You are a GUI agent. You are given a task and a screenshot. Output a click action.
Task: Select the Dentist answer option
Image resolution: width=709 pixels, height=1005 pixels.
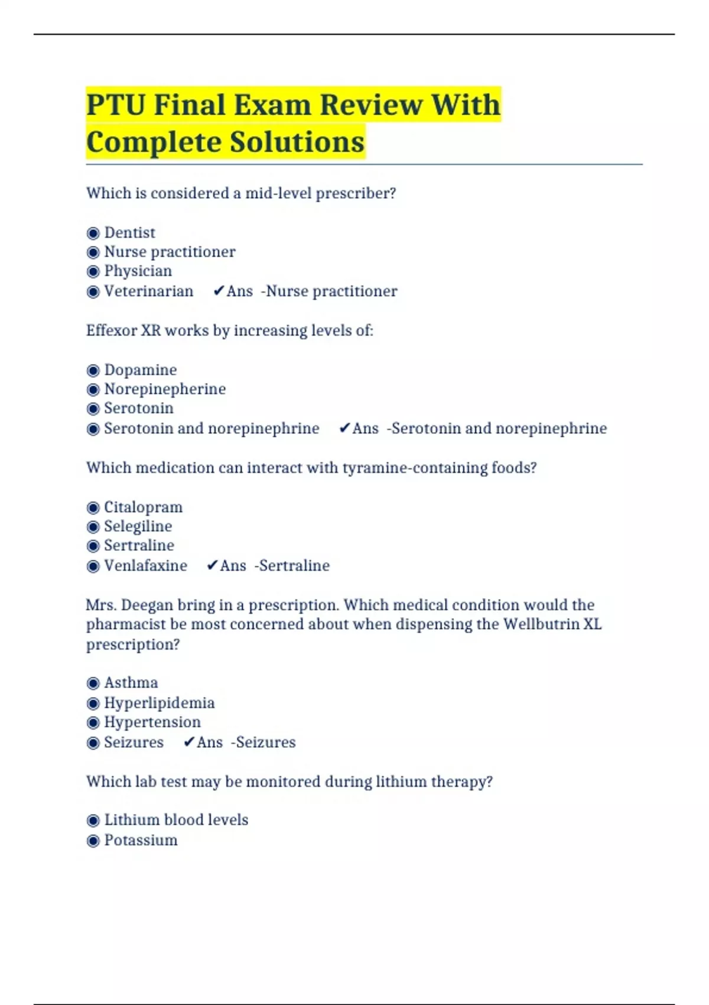point(129,233)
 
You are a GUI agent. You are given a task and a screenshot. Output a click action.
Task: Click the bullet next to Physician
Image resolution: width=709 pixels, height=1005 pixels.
point(93,272)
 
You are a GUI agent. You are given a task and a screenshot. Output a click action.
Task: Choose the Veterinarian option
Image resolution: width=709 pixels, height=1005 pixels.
point(148,291)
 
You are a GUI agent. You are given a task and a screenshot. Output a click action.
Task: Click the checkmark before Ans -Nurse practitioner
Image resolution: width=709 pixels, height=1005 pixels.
point(219,291)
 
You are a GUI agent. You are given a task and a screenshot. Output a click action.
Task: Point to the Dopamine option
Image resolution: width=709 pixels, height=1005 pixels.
point(140,370)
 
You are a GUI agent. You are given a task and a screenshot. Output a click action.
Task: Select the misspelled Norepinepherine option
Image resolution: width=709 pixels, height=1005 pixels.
point(165,390)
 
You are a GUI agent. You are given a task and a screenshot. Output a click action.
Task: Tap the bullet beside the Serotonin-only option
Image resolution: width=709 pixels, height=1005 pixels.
point(93,409)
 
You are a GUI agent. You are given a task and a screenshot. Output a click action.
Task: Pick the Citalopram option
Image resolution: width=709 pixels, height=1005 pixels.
point(143,507)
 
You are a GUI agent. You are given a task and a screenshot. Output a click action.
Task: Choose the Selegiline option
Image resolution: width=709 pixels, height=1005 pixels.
point(138,527)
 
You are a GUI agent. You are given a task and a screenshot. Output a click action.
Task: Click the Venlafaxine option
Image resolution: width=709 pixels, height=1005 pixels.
point(145,566)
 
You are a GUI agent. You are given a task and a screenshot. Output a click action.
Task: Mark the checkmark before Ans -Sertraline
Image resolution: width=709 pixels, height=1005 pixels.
point(212,566)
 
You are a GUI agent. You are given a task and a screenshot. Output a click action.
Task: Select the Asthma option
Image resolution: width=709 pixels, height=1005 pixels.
point(131,683)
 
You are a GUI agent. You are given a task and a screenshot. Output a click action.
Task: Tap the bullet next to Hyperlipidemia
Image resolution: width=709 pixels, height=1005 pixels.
point(93,703)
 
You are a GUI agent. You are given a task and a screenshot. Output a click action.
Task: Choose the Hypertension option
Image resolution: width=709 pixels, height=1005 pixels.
point(152,722)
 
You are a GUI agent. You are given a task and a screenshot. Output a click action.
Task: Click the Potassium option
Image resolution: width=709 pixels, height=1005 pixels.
point(141,841)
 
